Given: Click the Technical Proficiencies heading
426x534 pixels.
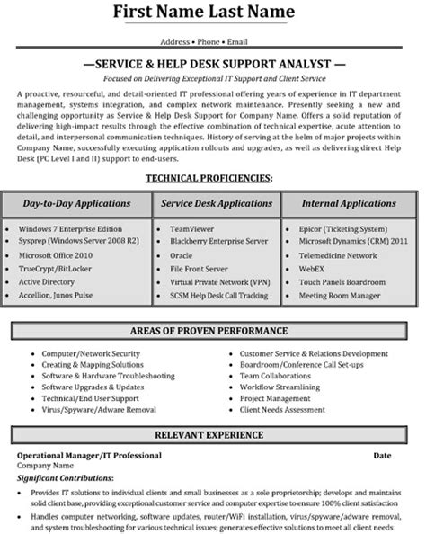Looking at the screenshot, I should click(212, 179).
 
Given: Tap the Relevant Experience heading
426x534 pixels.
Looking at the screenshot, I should click(212, 434).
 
